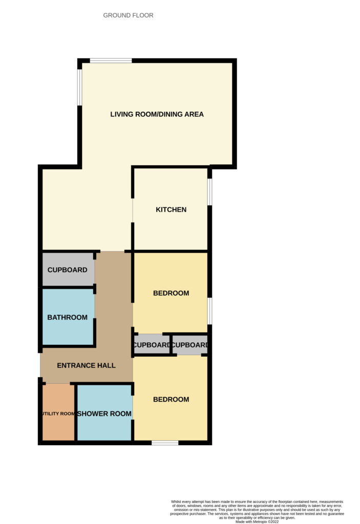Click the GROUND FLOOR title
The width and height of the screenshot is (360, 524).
pyautogui.click(x=128, y=15)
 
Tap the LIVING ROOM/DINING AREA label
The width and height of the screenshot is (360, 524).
pyautogui.click(x=157, y=114)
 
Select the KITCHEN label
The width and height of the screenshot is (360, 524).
pyautogui.click(x=171, y=210)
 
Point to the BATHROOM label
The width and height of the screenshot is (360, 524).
pyautogui.click(x=67, y=318)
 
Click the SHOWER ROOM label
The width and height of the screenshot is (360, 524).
pyautogui.click(x=104, y=414)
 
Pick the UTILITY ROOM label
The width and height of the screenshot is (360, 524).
pyautogui.click(x=58, y=414)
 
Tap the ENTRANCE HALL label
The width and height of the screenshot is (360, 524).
pyautogui.click(x=86, y=366)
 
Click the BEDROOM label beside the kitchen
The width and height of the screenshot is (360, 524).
pyautogui.click(x=171, y=294)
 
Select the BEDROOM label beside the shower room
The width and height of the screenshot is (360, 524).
pyautogui.click(x=171, y=400)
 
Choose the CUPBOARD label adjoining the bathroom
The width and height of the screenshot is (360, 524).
pyautogui.click(x=67, y=270)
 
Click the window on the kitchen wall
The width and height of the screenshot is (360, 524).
pyautogui.click(x=209, y=192)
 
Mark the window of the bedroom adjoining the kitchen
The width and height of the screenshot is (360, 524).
pyautogui.click(x=209, y=311)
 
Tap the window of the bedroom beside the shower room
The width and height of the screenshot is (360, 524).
pyautogui.click(x=165, y=442)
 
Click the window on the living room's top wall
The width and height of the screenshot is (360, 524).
pyautogui.click(x=111, y=60)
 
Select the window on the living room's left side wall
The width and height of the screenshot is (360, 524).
pyautogui.click(x=79, y=88)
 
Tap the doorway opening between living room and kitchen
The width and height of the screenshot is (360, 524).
pyautogui.click(x=133, y=210)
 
